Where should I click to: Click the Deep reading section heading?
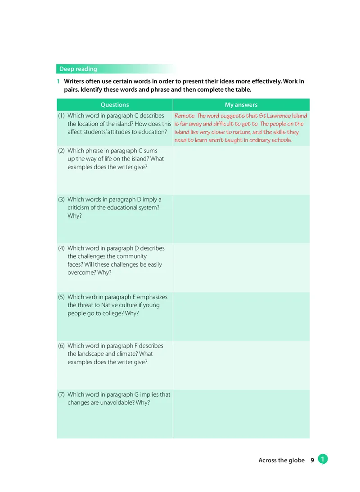coord(78,69)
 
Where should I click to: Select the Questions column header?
coord(114,105)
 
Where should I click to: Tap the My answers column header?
coord(241,105)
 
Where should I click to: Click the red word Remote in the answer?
coord(184,116)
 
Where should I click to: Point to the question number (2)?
coord(62,151)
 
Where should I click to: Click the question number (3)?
coord(62,200)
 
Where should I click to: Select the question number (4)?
coord(62,248)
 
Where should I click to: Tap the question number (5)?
coord(62,297)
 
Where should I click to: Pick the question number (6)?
coord(62,346)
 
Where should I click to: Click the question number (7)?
coord(62,394)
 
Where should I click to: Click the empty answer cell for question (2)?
coord(241,170)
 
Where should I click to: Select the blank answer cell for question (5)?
coord(241,316)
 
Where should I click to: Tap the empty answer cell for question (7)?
coord(241,414)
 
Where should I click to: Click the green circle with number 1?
coord(323,459)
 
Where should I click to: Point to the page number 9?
coord(312,461)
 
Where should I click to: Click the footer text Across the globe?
coord(281,461)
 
